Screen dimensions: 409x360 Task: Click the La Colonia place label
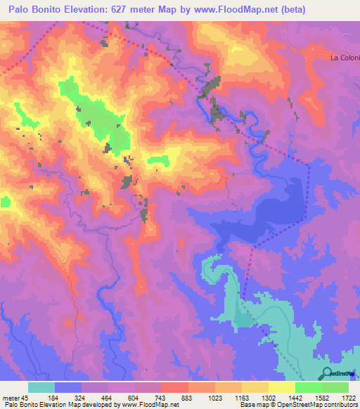pos(345,58)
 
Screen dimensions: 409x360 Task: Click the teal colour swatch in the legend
pos(41,387)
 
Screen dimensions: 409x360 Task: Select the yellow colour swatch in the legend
pos(282,387)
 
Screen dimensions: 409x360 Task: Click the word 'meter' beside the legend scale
pos(10,398)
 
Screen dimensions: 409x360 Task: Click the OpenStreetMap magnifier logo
pos(328,372)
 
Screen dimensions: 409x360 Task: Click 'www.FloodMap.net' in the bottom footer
pos(150,405)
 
